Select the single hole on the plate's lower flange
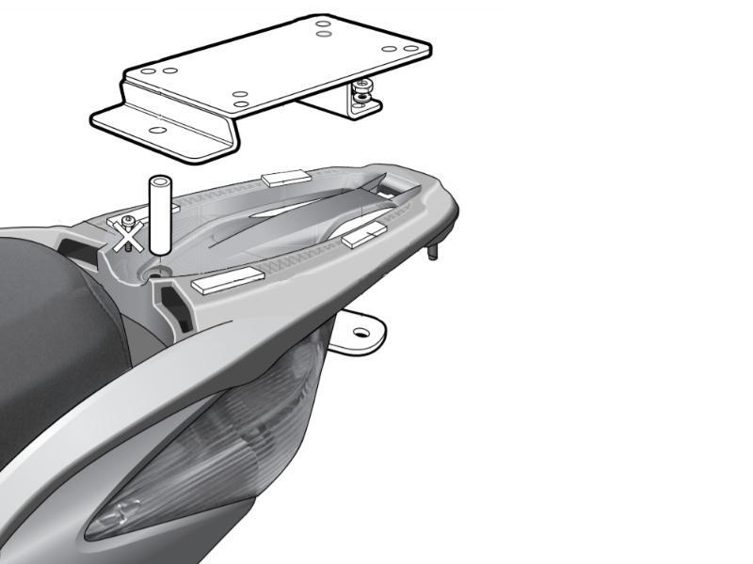(157, 130)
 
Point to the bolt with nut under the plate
(360, 94)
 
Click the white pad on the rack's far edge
(285, 176)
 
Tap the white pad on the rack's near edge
(227, 279)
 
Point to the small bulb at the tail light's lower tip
(122, 512)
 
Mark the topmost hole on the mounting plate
(324, 22)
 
